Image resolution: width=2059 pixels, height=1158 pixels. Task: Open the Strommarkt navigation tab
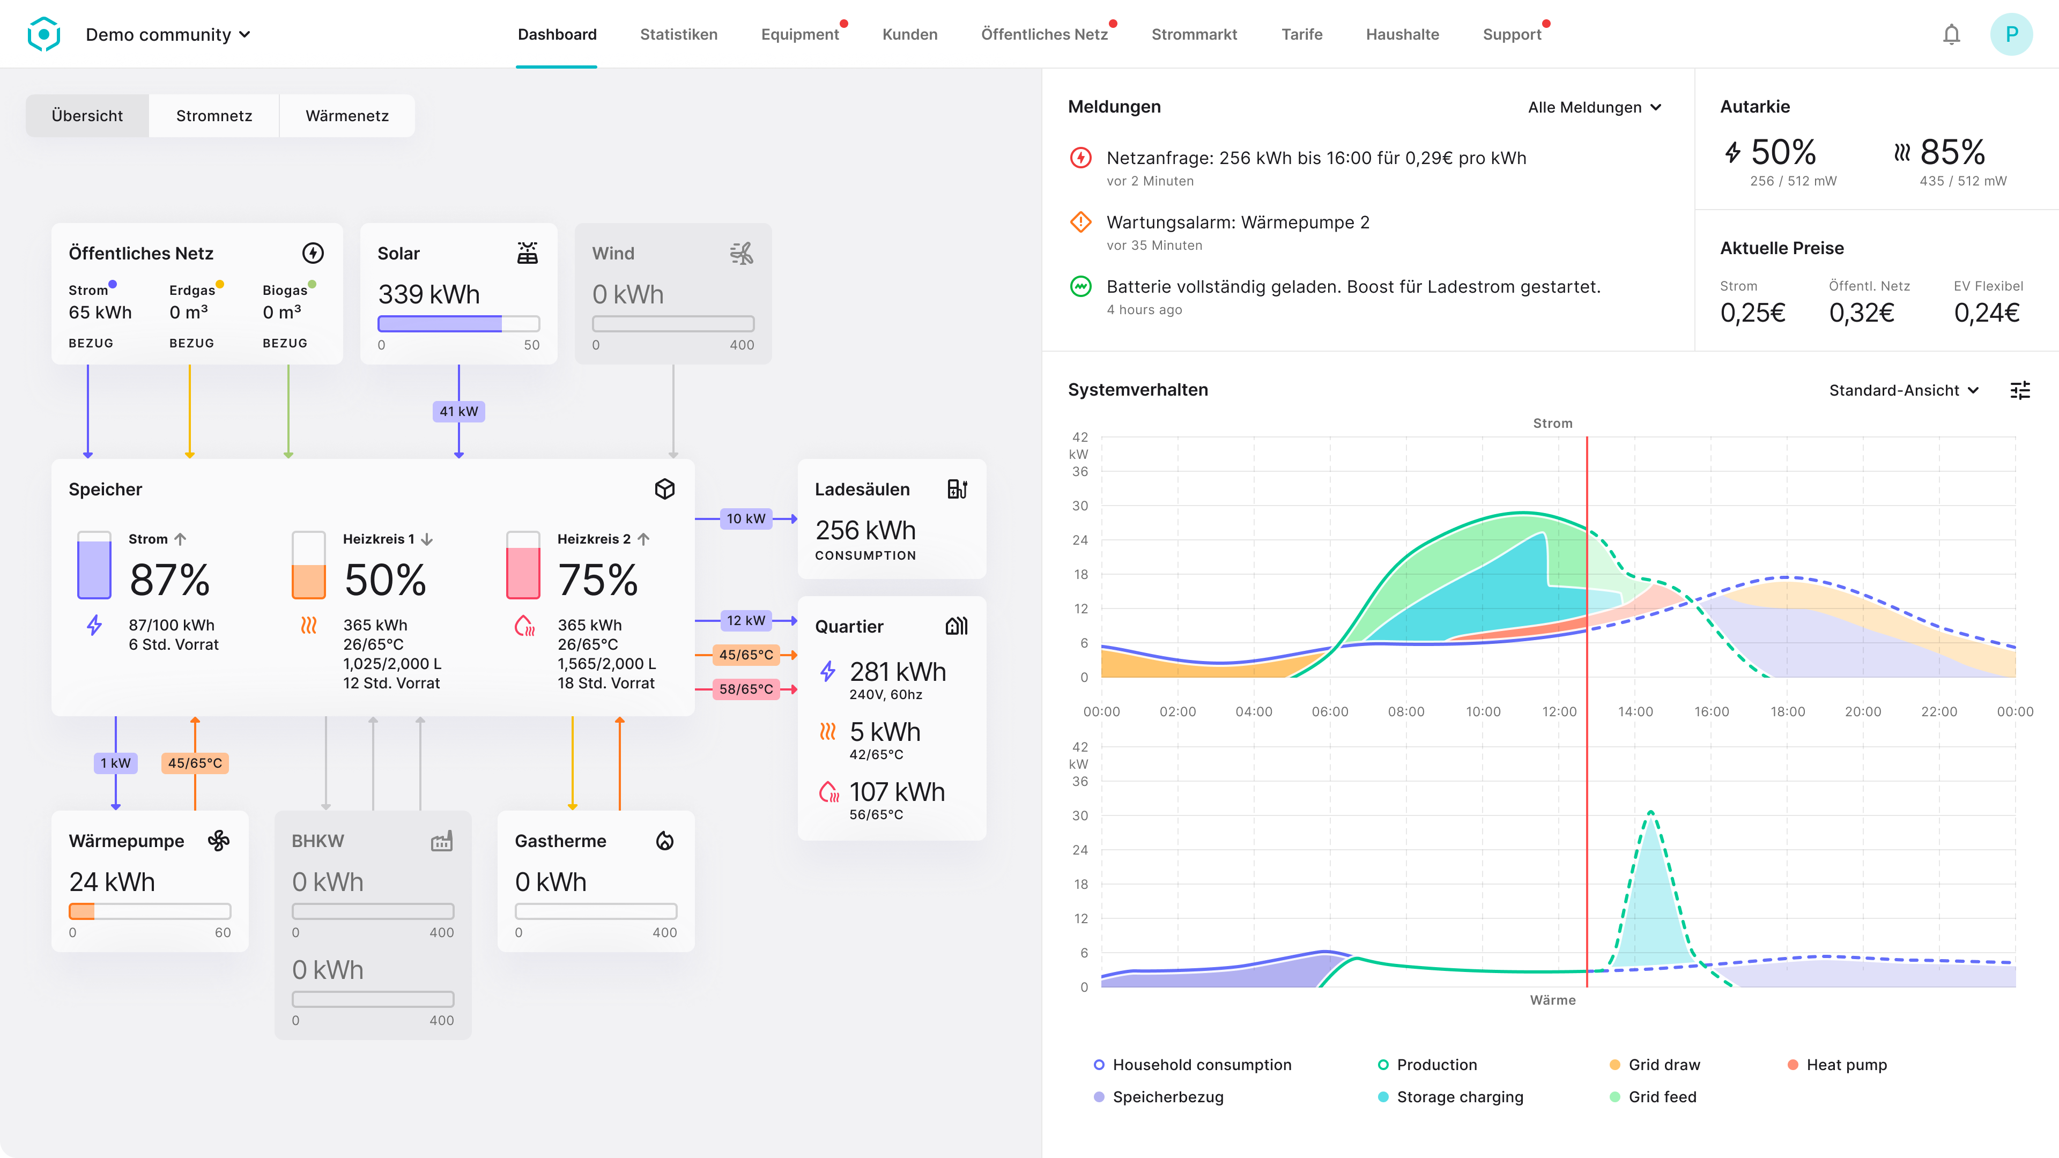coord(1194,34)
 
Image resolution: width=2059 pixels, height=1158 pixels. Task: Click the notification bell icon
coord(1951,34)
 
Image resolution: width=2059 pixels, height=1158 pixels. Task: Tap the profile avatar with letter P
coord(2011,34)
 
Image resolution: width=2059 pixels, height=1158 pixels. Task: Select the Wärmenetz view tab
coord(347,116)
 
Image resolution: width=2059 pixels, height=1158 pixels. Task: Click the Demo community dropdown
coord(168,34)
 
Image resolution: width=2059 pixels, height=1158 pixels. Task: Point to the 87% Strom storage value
coord(169,580)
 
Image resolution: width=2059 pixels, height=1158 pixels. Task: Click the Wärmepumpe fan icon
coord(218,841)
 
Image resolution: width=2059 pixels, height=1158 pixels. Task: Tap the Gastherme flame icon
coord(664,841)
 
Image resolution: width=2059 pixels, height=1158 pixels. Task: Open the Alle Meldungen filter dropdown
coord(1595,107)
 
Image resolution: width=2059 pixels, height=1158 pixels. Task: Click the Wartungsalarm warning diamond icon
coord(1080,222)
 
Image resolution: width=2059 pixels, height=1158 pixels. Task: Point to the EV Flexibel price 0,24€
coord(1986,313)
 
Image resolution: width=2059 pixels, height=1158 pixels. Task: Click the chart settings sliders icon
coord(2020,390)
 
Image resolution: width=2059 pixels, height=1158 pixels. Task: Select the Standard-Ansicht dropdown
coord(1903,390)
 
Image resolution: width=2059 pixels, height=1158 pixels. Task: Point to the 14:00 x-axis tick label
coord(1634,711)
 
